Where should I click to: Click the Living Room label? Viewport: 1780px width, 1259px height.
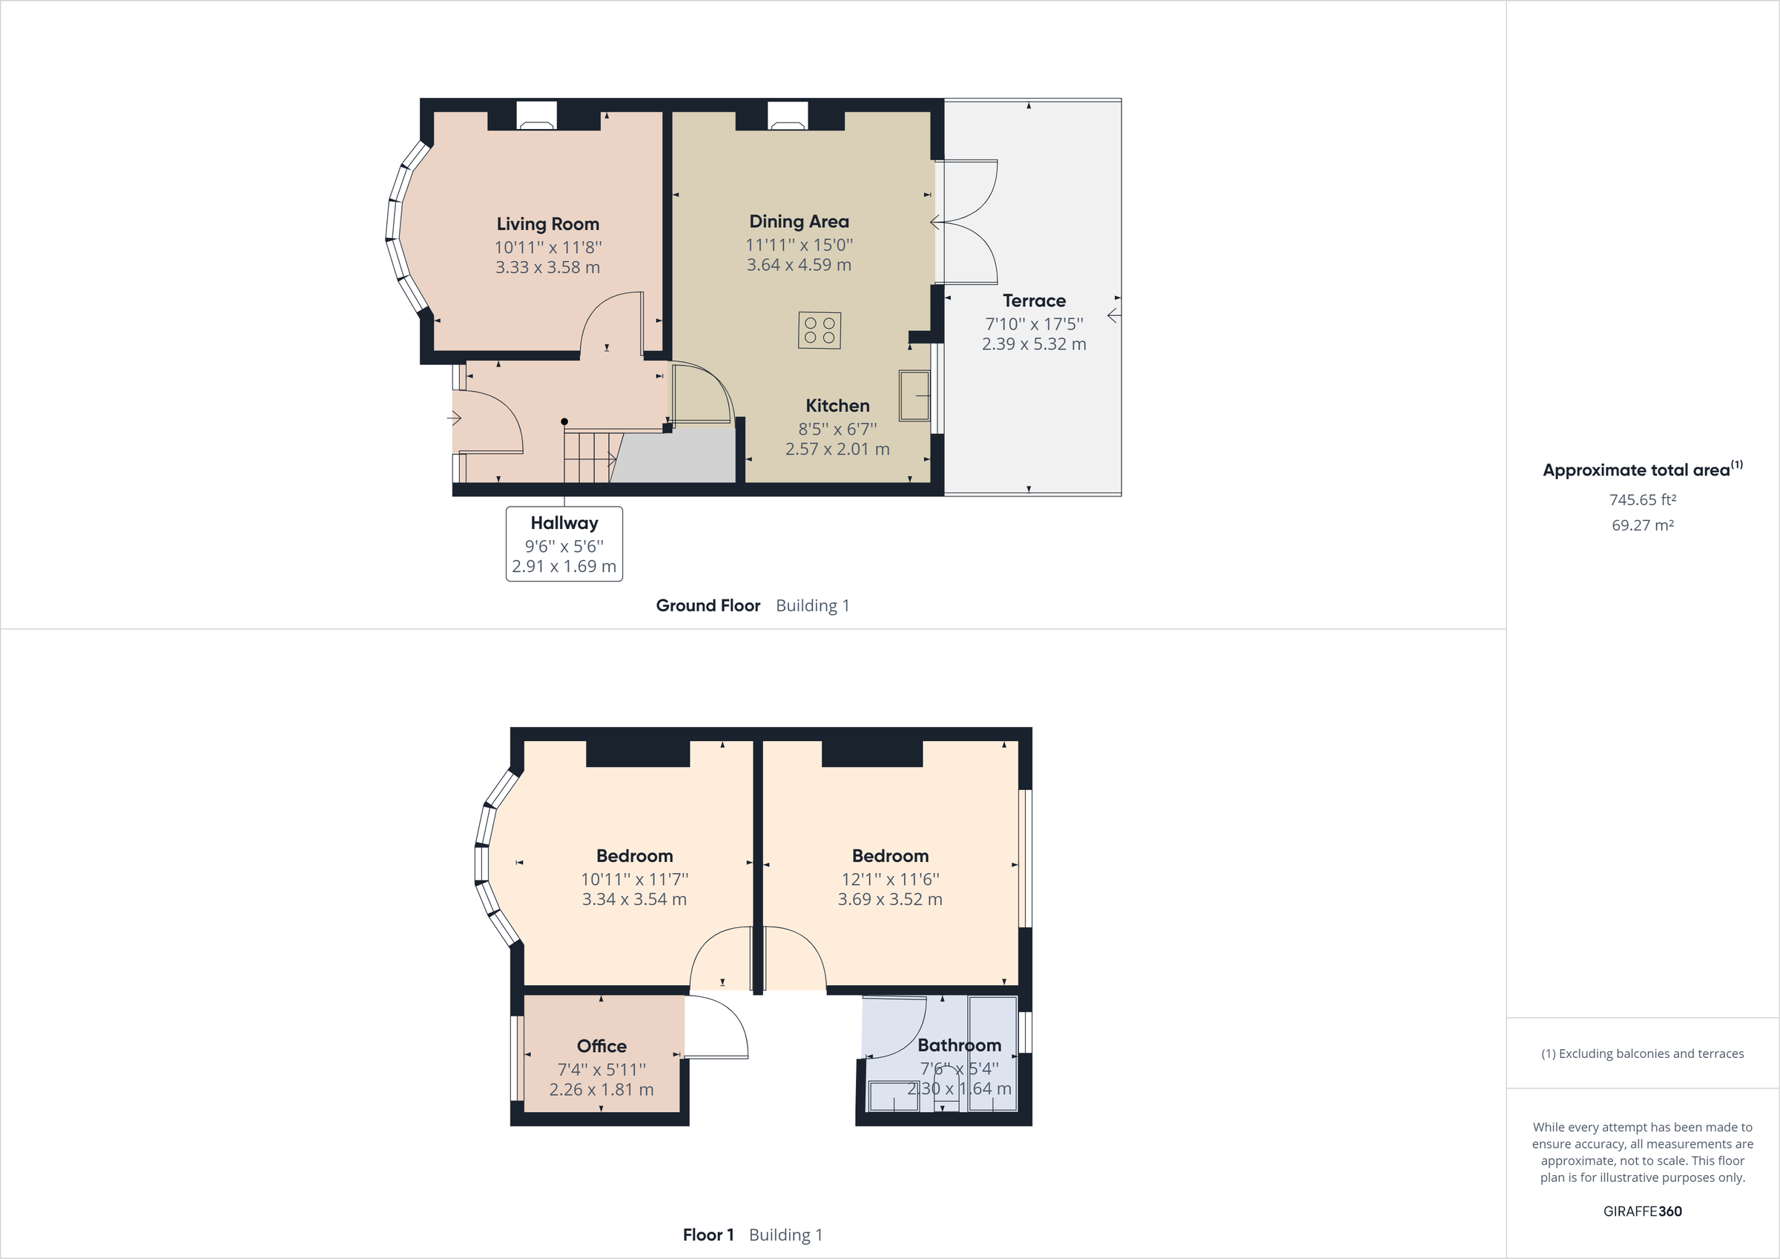(547, 224)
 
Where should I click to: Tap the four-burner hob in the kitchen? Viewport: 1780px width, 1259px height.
(820, 330)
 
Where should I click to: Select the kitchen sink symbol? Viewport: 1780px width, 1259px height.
(914, 395)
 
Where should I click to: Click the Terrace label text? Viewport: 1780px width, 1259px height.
(1033, 301)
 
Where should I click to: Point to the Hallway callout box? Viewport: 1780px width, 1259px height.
(564, 544)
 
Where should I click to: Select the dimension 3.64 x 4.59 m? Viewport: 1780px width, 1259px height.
(799, 266)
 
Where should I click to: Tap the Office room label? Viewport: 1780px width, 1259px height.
(601, 1047)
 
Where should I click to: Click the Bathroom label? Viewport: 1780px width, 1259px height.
(959, 1045)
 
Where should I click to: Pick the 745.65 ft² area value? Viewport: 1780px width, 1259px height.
(1642, 500)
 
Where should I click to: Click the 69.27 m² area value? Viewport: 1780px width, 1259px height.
(1642, 525)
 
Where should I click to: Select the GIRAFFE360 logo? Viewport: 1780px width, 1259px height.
(1642, 1211)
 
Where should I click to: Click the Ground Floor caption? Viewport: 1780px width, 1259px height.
(708, 606)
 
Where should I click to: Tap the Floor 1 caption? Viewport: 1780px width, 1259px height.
(708, 1235)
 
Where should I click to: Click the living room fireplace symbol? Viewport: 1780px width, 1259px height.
(536, 116)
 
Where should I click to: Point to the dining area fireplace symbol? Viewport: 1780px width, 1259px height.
(787, 116)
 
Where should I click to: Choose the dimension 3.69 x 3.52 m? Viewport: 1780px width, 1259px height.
(889, 900)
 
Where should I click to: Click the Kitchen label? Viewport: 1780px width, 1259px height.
(837, 406)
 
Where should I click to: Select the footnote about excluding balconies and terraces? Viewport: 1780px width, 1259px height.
(1642, 1053)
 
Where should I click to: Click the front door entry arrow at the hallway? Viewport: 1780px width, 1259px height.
(455, 419)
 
